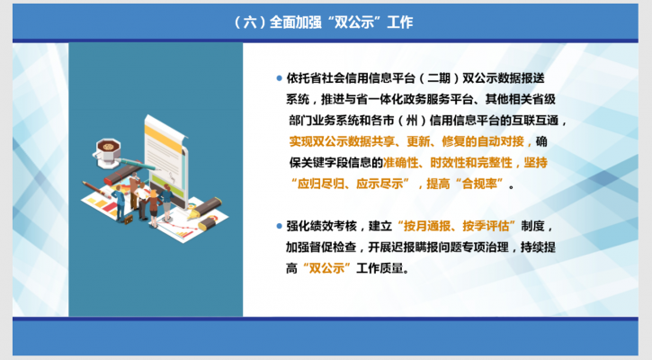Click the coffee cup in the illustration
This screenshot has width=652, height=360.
point(107,152)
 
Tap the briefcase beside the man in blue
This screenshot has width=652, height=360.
point(128,220)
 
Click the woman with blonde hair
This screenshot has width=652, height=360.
point(154,208)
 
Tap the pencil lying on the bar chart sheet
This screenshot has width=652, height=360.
point(96,189)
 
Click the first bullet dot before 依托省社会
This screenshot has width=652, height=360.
point(280,77)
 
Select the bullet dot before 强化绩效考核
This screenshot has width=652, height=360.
point(280,227)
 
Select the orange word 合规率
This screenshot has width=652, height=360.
point(479,184)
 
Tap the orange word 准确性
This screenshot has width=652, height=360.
point(400,162)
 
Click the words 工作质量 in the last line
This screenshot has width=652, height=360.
point(380,268)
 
